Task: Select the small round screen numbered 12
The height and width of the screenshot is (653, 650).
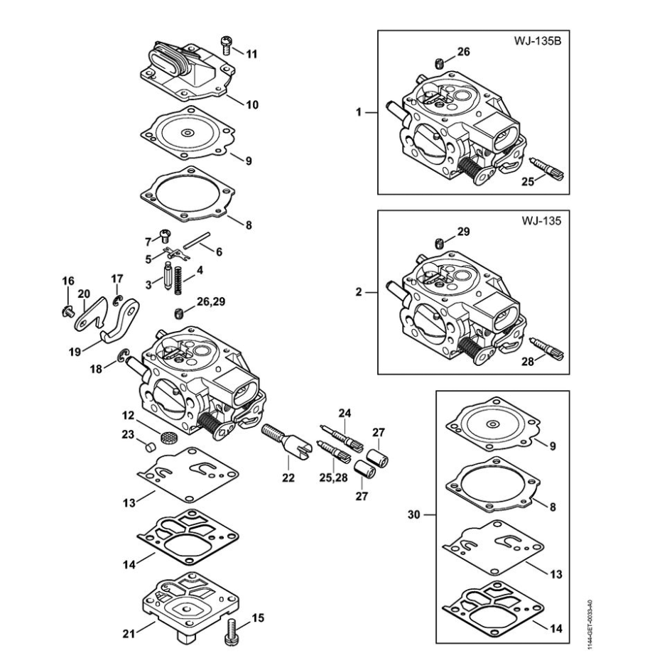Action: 168,438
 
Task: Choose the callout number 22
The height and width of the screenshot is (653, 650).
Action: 287,478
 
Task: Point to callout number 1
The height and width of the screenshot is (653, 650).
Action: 359,112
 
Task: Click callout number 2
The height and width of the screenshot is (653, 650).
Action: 359,291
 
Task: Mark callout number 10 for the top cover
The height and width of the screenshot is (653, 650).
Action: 251,104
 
